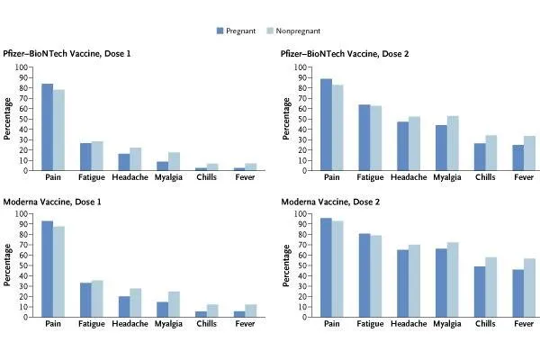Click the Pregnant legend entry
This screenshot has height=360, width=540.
[243, 30]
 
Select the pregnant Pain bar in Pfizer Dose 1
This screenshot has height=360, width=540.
[47, 127]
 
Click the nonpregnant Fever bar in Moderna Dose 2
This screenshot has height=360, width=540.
[528, 288]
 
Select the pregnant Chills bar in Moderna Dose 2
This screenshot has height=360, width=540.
[479, 292]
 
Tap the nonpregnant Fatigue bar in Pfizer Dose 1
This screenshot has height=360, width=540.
[97, 156]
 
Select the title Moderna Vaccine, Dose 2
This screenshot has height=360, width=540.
[330, 202]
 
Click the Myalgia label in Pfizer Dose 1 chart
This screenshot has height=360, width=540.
[167, 178]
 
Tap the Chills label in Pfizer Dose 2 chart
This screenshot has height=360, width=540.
[485, 178]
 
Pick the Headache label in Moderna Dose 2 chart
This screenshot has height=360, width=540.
[409, 325]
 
